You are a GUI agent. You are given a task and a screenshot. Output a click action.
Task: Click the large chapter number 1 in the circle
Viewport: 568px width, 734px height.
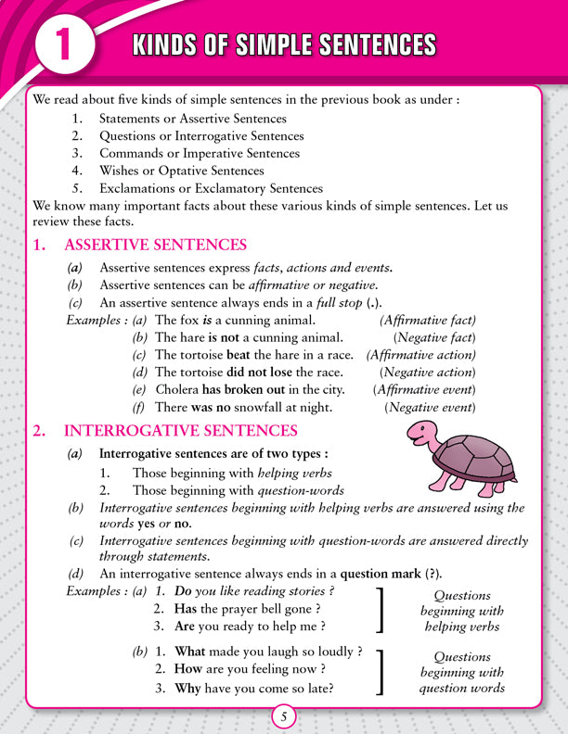62,46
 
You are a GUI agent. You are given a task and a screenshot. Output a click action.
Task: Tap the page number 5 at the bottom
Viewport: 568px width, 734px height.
284,715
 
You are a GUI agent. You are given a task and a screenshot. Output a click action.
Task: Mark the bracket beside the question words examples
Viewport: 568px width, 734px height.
381,671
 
